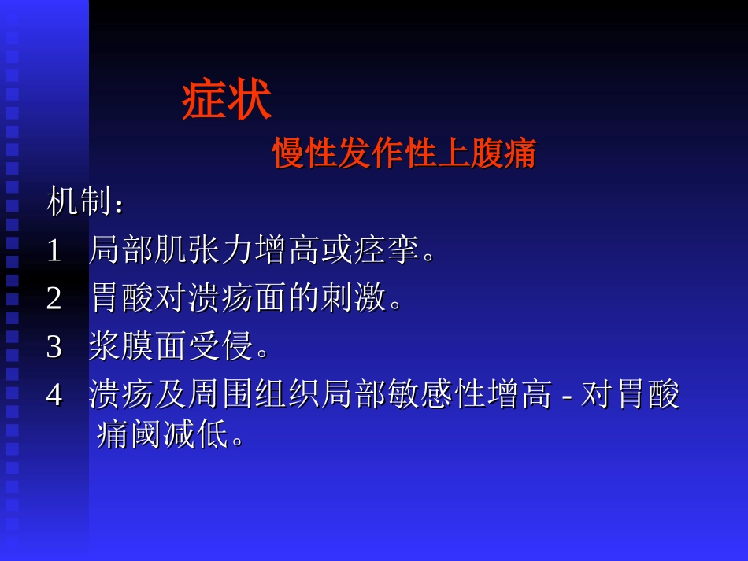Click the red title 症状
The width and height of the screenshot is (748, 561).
click(227, 101)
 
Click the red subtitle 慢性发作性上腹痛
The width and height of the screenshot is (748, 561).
click(404, 154)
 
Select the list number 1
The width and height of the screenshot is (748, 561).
click(54, 251)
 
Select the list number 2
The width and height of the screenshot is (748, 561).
click(54, 299)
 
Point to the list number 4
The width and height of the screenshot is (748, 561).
click(54, 396)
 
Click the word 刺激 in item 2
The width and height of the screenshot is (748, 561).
click(353, 299)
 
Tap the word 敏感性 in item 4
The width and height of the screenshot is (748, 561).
click(453, 396)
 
